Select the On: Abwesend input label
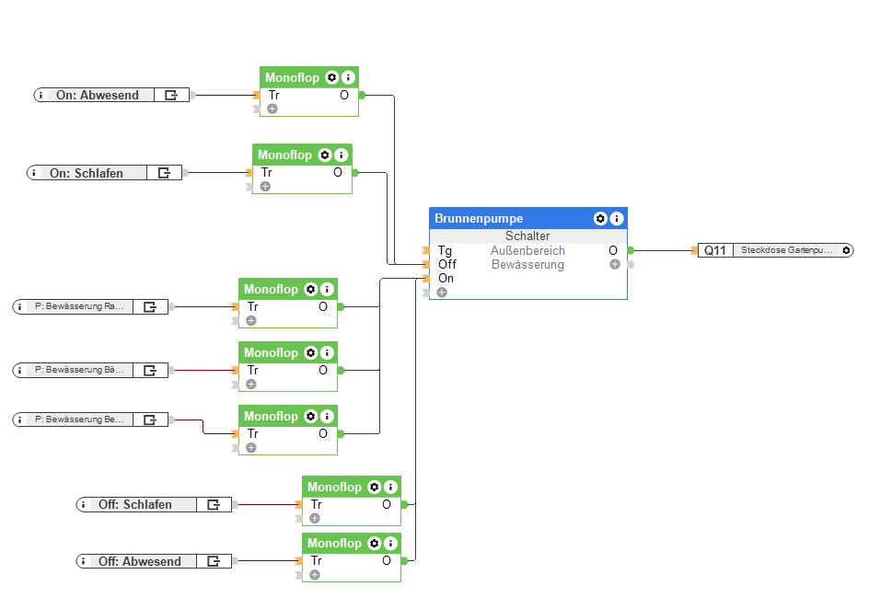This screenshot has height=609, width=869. click(x=98, y=95)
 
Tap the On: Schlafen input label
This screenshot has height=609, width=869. click(x=87, y=173)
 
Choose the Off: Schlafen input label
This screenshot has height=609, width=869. click(x=135, y=504)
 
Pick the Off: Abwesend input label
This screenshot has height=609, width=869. click(x=140, y=561)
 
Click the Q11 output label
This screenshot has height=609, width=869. click(x=715, y=250)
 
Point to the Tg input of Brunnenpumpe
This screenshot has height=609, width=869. click(x=445, y=250)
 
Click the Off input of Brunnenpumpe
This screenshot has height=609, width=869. click(x=446, y=264)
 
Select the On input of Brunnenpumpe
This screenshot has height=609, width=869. click(x=446, y=278)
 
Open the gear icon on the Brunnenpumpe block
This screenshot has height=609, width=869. click(x=600, y=219)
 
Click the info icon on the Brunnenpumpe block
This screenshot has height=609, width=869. click(x=617, y=219)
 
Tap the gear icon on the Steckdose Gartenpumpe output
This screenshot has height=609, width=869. click(x=846, y=250)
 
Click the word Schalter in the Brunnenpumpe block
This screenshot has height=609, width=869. click(x=527, y=236)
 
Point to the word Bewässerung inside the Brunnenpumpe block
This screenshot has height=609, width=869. click(x=527, y=265)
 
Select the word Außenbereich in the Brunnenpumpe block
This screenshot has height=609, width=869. click(x=527, y=250)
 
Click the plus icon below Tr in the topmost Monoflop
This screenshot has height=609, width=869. click(x=272, y=109)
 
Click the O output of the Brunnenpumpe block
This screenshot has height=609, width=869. click(x=613, y=250)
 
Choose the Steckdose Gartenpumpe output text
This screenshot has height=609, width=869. click(x=785, y=250)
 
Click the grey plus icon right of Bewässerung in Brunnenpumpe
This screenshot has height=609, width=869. click(x=615, y=264)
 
